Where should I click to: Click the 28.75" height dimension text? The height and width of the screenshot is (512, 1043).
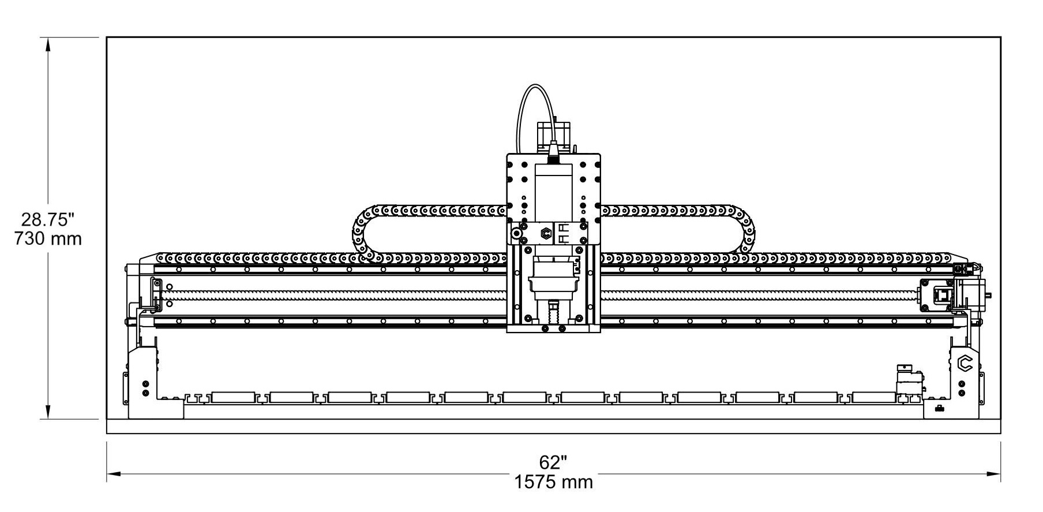48,219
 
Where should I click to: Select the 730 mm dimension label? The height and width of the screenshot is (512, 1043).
48,238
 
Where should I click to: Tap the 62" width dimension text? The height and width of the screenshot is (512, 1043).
553,462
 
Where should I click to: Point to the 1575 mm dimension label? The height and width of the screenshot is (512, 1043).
553,481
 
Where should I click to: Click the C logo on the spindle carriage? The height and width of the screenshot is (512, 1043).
546,234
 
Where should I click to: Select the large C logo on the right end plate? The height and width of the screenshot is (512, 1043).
965,364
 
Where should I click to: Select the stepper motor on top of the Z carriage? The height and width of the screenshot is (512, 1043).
554,136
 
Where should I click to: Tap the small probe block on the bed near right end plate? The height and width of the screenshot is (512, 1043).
907,381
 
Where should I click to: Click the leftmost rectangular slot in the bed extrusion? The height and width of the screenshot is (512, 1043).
234,397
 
